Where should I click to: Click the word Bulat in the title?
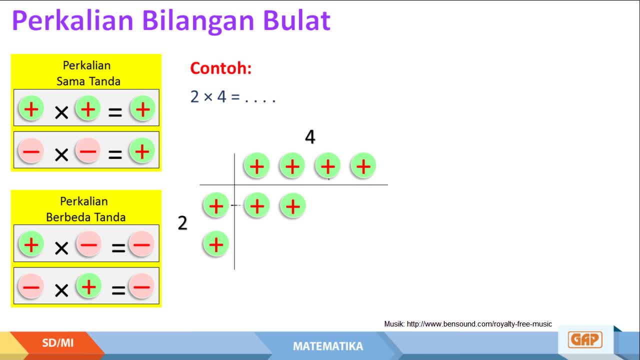(296, 20)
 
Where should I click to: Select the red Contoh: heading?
(221, 68)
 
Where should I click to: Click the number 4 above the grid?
(310, 137)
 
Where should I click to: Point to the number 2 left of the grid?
(182, 223)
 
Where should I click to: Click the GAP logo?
(585, 339)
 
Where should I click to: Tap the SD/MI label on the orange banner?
(57, 343)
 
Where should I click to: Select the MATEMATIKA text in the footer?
(328, 346)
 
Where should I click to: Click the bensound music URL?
(479, 324)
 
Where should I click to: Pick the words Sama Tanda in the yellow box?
(88, 81)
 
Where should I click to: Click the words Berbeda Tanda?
(85, 217)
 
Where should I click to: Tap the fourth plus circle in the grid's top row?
(363, 166)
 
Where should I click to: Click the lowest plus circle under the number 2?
(216, 244)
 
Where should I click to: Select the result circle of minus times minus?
(142, 151)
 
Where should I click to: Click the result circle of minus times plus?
(141, 286)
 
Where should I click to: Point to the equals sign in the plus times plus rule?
(115, 112)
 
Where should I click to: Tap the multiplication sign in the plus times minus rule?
(61, 248)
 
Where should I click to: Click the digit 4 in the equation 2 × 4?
(221, 96)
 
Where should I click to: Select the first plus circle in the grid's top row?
(257, 166)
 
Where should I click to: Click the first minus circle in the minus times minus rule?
(31, 151)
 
